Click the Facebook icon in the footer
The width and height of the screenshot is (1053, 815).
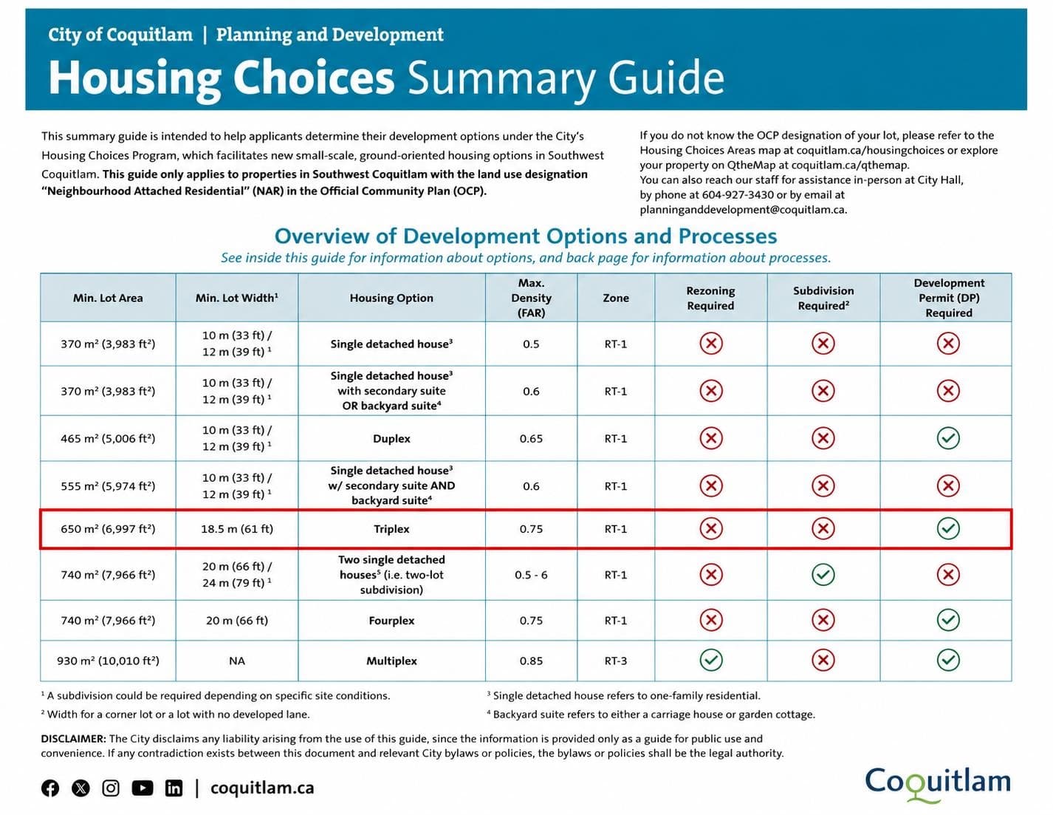pyautogui.click(x=50, y=788)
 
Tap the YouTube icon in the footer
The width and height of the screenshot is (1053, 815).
pyautogui.click(x=142, y=788)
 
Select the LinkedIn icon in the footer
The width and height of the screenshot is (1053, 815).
pyautogui.click(x=174, y=788)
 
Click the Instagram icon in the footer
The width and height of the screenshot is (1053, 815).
pyautogui.click(x=111, y=788)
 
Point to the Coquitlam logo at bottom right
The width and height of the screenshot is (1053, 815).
pyautogui.click(x=938, y=784)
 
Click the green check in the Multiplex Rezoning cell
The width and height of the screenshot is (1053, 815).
pyautogui.click(x=711, y=660)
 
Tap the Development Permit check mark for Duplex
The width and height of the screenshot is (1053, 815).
pyautogui.click(x=948, y=438)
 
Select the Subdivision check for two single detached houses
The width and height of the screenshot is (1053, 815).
pyautogui.click(x=823, y=575)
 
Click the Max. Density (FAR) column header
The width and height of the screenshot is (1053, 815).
pyautogui.click(x=531, y=298)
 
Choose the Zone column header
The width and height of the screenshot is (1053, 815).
pyautogui.click(x=616, y=298)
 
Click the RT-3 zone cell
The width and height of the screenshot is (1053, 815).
pyautogui.click(x=616, y=661)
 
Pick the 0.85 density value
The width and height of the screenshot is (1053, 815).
pyautogui.click(x=531, y=661)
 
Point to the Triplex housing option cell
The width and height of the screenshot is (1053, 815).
pyautogui.click(x=391, y=529)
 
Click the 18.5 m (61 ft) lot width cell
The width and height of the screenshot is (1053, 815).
pyautogui.click(x=237, y=529)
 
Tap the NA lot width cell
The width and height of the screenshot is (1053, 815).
pyautogui.click(x=237, y=661)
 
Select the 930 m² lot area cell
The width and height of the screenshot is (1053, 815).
pyautogui.click(x=108, y=661)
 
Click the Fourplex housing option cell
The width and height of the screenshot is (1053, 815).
pyautogui.click(x=391, y=621)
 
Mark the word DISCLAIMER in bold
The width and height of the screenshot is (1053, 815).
pyautogui.click(x=73, y=738)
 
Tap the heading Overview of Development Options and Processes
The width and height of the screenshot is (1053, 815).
pyautogui.click(x=526, y=236)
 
